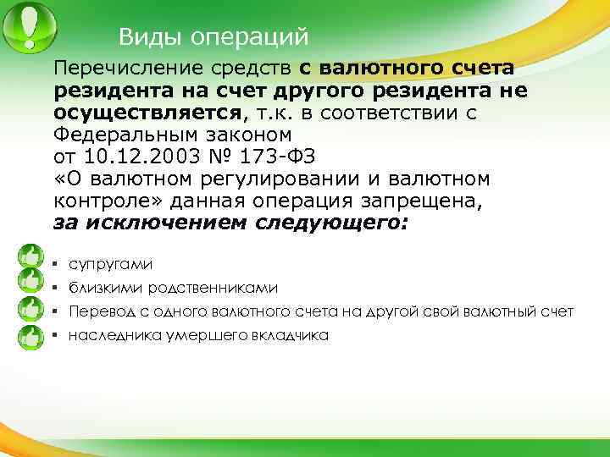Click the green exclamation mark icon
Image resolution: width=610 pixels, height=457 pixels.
28,26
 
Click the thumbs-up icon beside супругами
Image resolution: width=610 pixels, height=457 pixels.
31,254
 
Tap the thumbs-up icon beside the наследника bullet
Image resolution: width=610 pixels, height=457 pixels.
31,336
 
